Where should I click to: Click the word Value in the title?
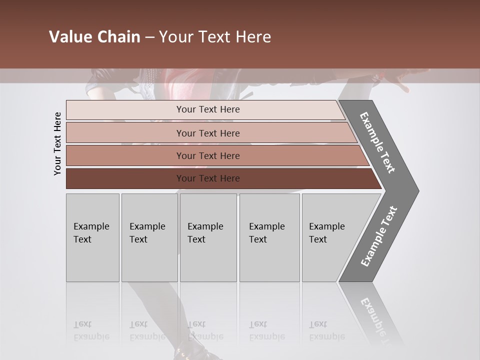coord(69,37)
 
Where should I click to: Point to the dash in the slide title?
coord(149,37)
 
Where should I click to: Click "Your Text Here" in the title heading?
coord(215,37)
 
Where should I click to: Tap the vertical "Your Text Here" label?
coord(57,144)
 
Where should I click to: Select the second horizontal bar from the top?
coord(208,133)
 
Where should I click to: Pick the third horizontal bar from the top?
coord(208,156)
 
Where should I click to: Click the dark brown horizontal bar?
coord(208,178)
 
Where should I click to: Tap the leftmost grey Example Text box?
coord(92,237)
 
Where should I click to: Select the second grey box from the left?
coord(149,237)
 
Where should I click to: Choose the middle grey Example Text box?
coord(208,237)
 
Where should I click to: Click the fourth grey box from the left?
coord(269,237)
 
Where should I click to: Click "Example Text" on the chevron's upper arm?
coord(377,142)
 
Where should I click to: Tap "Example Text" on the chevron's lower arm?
coord(378,236)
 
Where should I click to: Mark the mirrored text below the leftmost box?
coord(91,331)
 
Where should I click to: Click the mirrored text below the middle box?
coord(205,331)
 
